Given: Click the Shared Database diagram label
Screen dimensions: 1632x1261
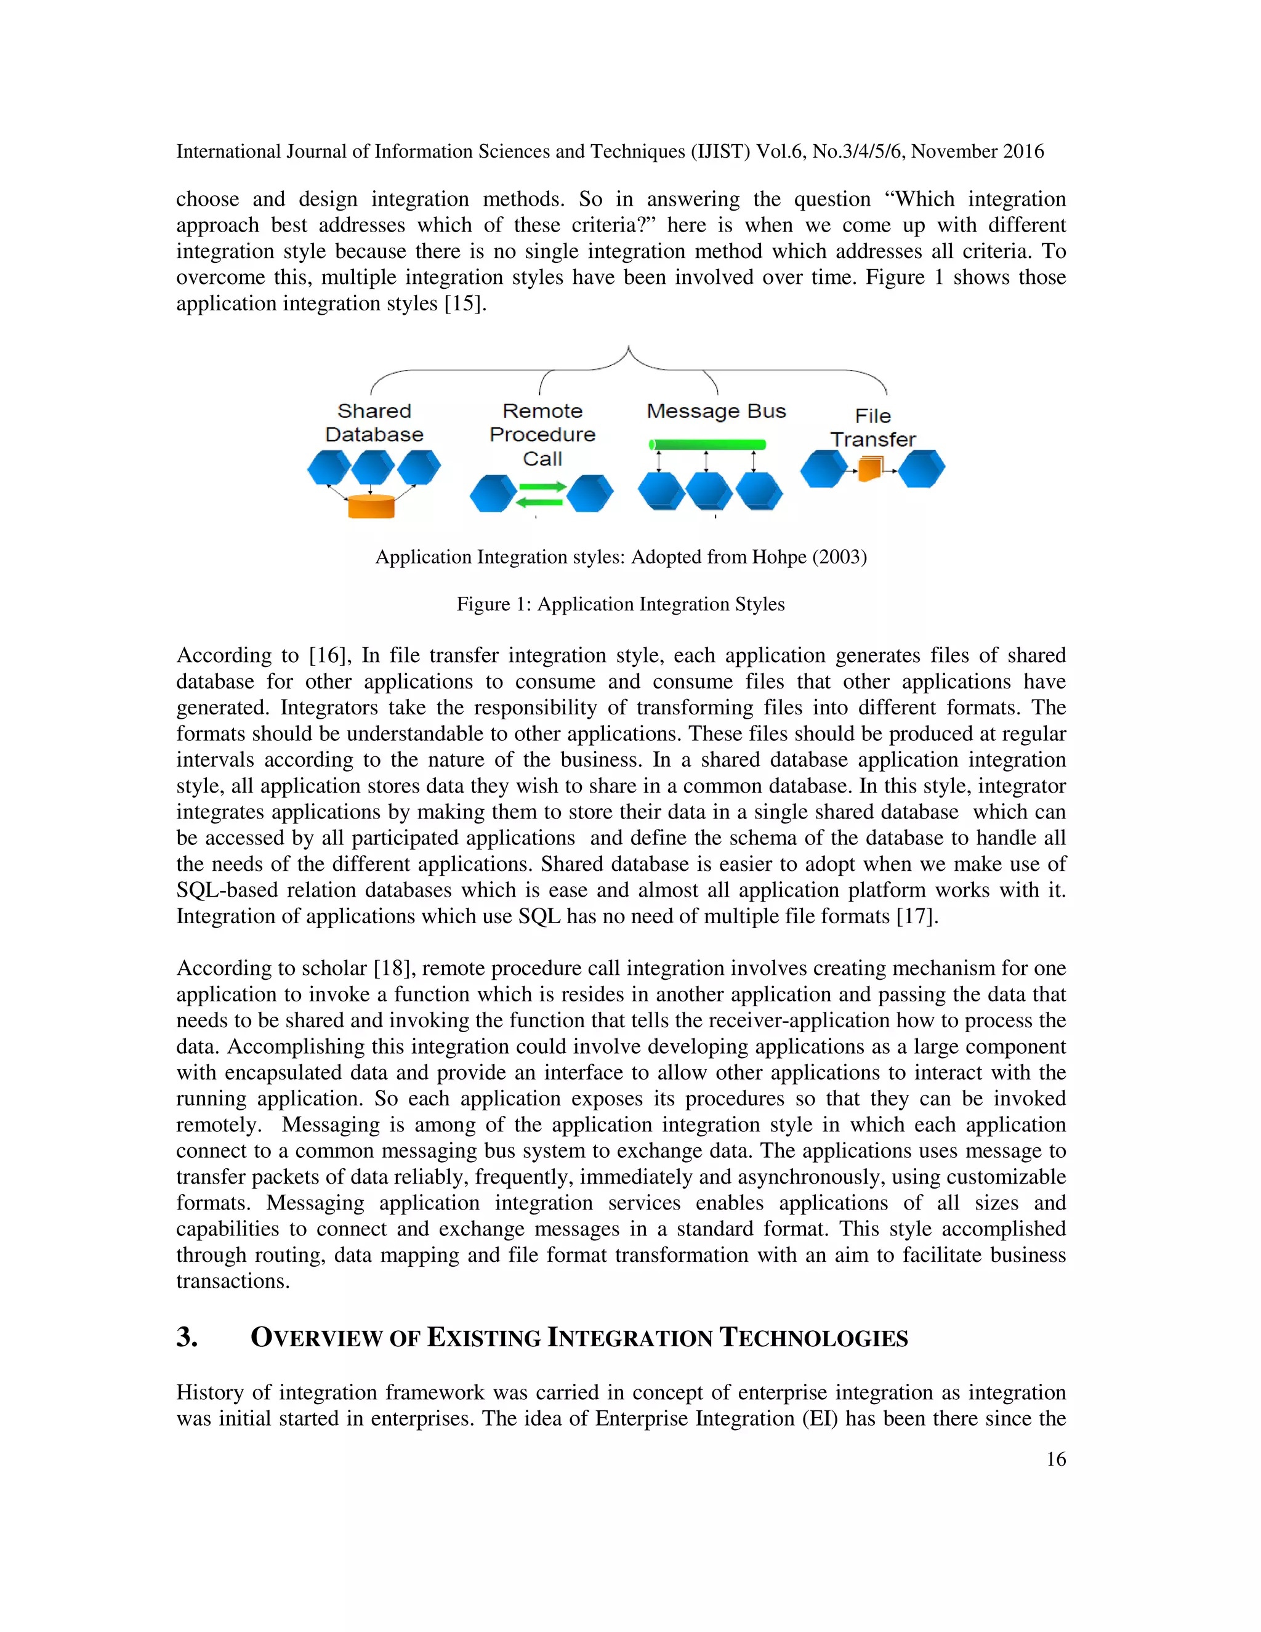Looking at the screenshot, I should pyautogui.click(x=374, y=423).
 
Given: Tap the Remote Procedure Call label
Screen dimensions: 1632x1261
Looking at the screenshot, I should pyautogui.click(x=542, y=434).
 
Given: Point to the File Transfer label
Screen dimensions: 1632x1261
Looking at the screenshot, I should pyautogui.click(x=872, y=427).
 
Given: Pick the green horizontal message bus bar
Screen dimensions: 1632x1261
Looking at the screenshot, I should pyautogui.click(x=707, y=445).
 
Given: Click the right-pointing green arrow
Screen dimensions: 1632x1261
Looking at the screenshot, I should pyautogui.click(x=543, y=487).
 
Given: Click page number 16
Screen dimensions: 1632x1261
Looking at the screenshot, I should pyautogui.click(x=1055, y=1460).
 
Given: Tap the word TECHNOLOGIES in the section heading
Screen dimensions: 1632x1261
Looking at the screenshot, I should pyautogui.click(x=813, y=1338).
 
